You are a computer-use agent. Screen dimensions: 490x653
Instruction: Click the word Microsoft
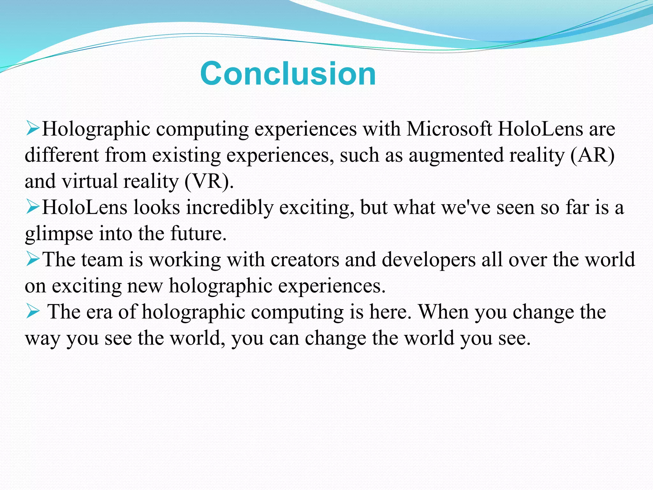449,129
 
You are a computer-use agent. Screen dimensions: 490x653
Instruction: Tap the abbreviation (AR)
592,155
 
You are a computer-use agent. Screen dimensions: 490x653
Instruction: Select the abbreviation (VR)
209,181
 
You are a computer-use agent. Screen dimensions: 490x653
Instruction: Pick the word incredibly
230,207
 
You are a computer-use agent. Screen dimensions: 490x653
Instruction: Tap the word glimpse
59,234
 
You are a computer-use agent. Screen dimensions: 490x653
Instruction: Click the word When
444,312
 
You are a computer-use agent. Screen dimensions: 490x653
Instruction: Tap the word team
102,260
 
